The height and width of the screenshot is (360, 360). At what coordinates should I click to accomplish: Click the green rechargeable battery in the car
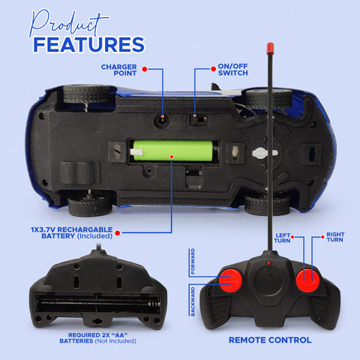[173, 151]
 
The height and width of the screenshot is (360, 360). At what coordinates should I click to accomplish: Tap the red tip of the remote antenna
[270, 49]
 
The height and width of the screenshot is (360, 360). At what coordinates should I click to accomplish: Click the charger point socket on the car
[162, 121]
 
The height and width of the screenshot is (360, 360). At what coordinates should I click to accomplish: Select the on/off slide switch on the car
[199, 120]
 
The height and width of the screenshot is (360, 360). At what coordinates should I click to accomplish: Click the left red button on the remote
[230, 280]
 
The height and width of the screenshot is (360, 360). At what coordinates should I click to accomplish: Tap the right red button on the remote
[307, 280]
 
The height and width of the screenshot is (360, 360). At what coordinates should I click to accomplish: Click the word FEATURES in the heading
[89, 45]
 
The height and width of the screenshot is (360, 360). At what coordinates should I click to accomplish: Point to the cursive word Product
[68, 23]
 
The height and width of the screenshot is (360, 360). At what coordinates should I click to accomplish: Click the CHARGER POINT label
[119, 70]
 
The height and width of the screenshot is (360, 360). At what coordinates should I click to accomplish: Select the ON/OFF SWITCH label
[232, 70]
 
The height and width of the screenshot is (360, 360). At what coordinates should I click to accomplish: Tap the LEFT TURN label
[282, 238]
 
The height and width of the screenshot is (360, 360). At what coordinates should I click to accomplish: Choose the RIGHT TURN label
[335, 237]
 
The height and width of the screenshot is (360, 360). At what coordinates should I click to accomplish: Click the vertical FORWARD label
[193, 261]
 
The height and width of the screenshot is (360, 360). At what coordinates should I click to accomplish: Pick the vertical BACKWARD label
[193, 301]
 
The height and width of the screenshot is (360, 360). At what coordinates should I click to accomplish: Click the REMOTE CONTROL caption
[270, 340]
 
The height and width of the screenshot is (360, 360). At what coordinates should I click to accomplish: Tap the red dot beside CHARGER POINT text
[145, 69]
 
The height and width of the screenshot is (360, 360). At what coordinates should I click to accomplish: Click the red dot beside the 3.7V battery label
[118, 233]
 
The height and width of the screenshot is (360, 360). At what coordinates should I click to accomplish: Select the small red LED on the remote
[268, 263]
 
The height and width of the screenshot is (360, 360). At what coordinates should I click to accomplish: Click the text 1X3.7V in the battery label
[43, 229]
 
